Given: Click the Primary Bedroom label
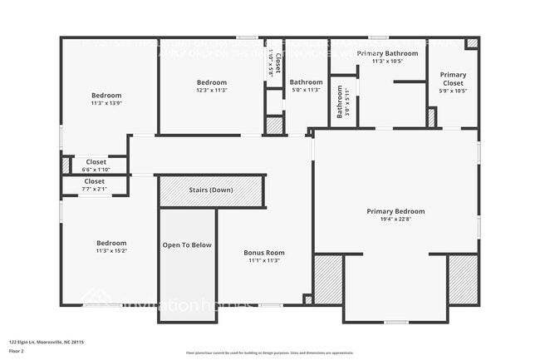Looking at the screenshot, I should point(395,212).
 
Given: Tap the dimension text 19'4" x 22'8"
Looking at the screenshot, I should point(395,220).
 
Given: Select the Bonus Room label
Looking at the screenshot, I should point(263,253).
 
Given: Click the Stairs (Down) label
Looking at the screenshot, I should point(211,190).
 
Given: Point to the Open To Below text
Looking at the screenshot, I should point(187,245).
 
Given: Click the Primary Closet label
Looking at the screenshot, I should point(453,79).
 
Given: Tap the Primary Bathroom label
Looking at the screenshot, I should point(387,53).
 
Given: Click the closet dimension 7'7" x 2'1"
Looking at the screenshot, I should point(94,189).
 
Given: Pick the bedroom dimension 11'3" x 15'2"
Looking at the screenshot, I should point(110,250).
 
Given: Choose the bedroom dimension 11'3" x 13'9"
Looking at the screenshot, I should point(106,103).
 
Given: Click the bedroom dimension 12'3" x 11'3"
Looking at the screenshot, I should point(212,91).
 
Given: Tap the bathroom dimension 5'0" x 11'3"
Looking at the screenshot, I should point(306,91).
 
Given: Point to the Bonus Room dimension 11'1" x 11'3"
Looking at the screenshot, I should point(263,260).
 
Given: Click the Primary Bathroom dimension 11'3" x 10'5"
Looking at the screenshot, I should point(387,61).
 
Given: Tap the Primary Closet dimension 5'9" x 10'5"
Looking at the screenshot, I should point(453,91).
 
